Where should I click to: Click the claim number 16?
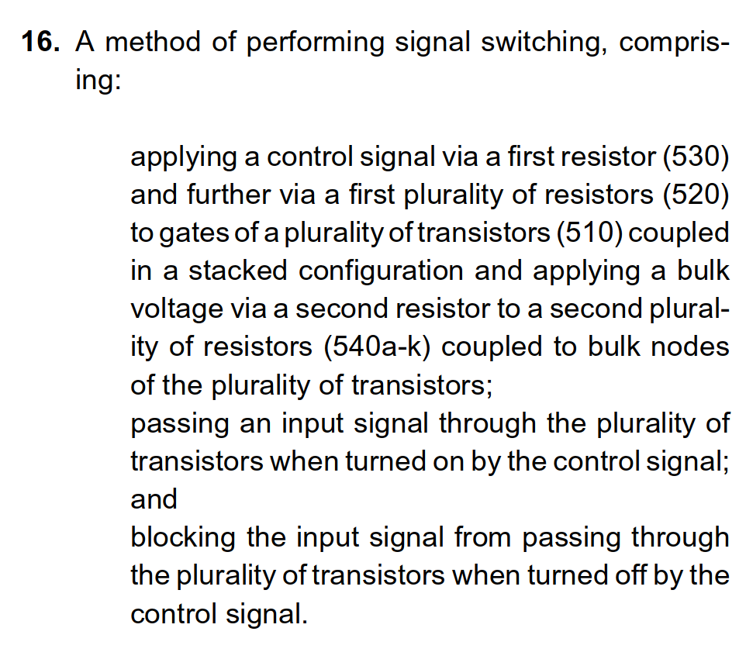(x=40, y=41)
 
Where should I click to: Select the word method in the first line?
(x=153, y=41)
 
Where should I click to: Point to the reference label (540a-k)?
(x=377, y=347)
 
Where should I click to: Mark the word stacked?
(x=238, y=271)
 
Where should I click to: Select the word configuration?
(x=381, y=271)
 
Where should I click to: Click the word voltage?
(x=177, y=310)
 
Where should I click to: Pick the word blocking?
(x=183, y=538)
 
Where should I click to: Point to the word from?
(x=483, y=537)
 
